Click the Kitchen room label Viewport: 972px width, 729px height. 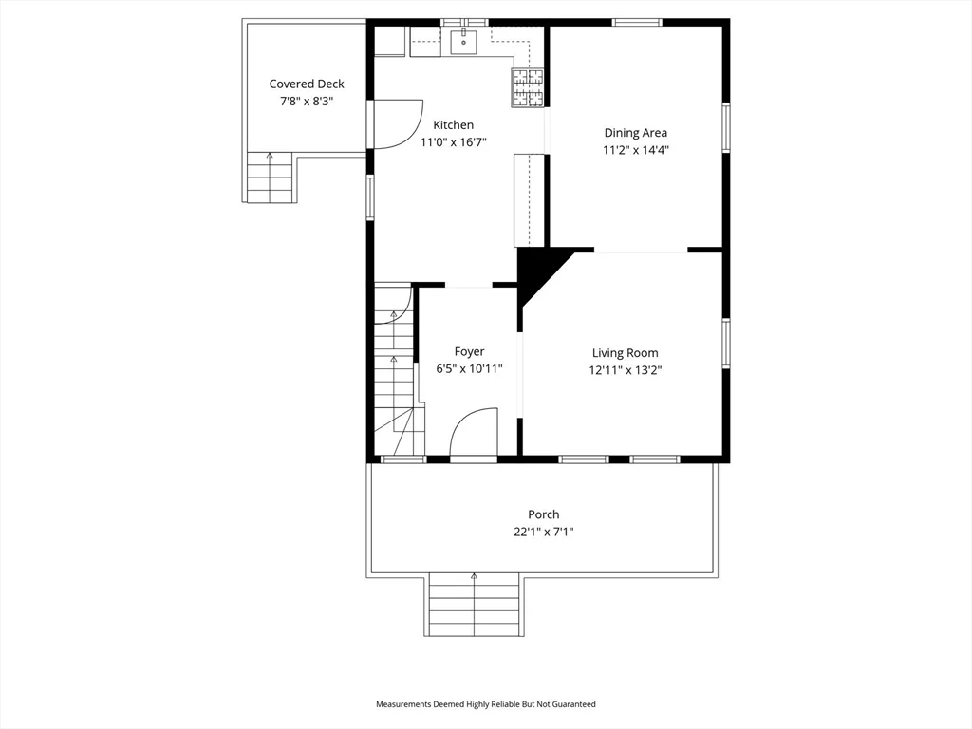tap(453, 125)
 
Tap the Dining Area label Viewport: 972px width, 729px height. tap(635, 133)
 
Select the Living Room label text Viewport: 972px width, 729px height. tap(625, 353)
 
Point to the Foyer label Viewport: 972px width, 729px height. tap(469, 352)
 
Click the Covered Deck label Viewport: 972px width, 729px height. tap(306, 84)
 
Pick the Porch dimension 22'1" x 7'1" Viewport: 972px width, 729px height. tap(543, 533)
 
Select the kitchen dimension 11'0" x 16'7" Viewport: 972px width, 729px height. tap(453, 142)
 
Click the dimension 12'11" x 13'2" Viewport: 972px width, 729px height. tap(625, 370)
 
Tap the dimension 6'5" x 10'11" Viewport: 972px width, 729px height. tap(469, 369)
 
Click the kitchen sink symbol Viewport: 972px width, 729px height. tap(464, 41)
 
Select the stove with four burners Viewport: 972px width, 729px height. tap(530, 87)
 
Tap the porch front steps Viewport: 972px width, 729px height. tap(474, 605)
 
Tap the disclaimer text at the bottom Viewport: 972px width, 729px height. tap(485, 704)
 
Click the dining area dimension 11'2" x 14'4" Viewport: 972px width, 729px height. tap(635, 150)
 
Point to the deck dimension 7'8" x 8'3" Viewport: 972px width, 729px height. tap(306, 101)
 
